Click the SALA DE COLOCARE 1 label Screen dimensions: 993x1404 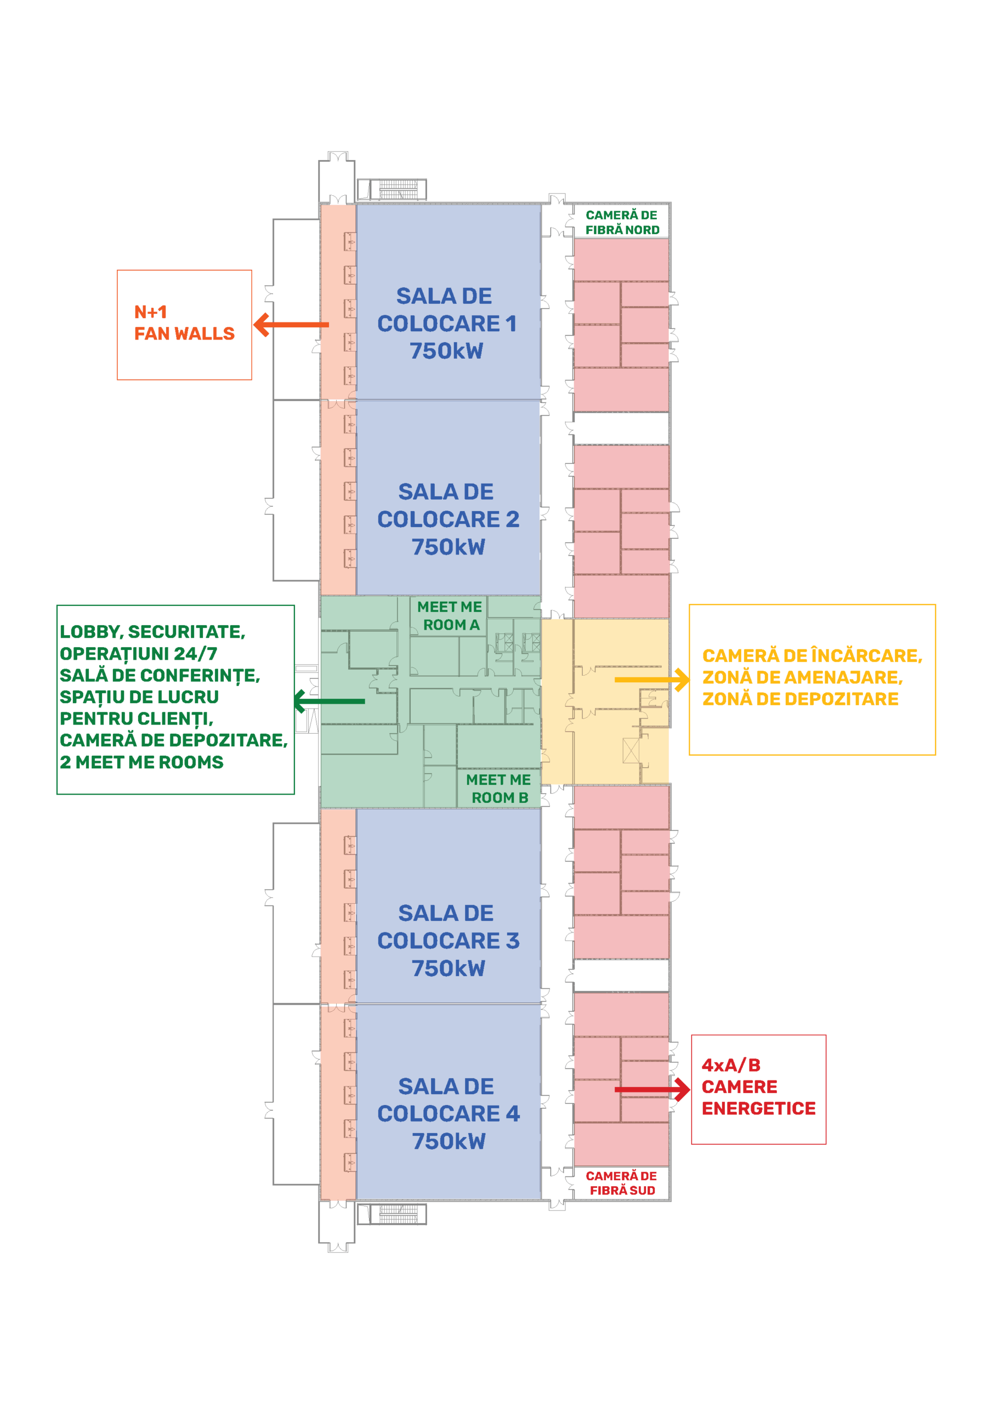[447, 324]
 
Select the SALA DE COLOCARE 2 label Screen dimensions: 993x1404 [448, 519]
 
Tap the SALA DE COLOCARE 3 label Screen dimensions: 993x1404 [448, 941]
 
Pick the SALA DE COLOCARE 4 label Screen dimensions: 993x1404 [448, 1113]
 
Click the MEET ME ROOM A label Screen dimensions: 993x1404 [450, 616]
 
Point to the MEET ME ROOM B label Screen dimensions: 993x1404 [499, 789]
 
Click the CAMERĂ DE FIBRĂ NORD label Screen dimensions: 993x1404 [622, 223]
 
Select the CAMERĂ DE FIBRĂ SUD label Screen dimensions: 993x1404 [622, 1183]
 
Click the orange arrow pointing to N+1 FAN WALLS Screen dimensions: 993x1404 [291, 325]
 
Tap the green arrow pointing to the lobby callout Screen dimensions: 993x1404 [329, 701]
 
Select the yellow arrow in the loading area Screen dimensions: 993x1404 [652, 680]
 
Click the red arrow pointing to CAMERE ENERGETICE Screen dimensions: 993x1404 [652, 1090]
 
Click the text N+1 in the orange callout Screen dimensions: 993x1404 [151, 313]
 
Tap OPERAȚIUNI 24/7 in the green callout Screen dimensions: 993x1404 [139, 654]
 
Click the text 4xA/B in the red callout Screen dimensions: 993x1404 [731, 1065]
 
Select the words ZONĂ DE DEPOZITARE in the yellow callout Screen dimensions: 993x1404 [801, 699]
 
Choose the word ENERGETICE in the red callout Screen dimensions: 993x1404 [759, 1108]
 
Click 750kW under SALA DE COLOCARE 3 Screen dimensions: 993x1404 [448, 968]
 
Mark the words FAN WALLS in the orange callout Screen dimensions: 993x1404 [185, 334]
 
